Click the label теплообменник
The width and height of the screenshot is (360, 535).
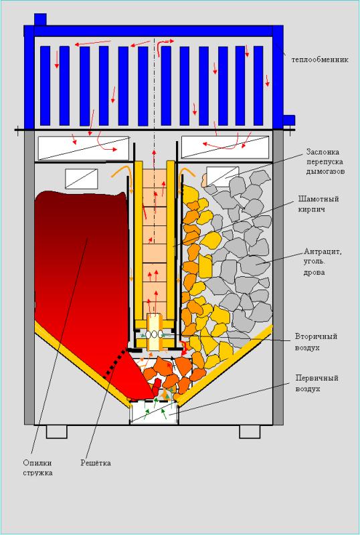(x=320, y=60)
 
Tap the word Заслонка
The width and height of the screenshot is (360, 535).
(x=323, y=152)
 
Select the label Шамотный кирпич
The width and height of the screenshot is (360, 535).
(x=319, y=204)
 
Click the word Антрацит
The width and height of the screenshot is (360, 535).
(x=323, y=253)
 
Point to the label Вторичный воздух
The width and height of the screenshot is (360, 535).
(x=317, y=342)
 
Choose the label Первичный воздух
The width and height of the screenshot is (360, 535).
(x=317, y=383)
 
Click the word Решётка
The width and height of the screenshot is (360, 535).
(x=96, y=463)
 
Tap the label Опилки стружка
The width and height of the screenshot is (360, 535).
(x=37, y=467)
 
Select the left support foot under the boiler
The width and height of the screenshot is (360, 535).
(x=57, y=431)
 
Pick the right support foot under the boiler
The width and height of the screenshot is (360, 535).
(x=250, y=431)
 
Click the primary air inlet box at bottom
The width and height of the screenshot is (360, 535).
(x=154, y=413)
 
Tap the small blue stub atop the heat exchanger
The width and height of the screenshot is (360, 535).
(x=40, y=19)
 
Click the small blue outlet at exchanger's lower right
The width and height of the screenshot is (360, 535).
(x=289, y=121)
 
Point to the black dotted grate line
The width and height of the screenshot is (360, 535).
(x=115, y=364)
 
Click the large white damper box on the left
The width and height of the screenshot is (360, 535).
(x=84, y=148)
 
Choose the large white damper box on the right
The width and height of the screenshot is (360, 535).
(x=225, y=147)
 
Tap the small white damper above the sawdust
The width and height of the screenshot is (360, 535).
(x=81, y=179)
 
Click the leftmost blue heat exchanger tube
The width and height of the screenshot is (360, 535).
(x=45, y=86)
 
